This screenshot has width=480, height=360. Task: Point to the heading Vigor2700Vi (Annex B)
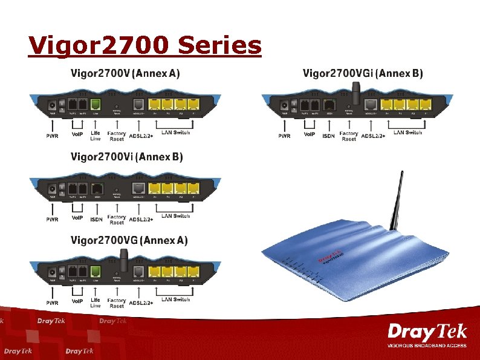click(127, 157)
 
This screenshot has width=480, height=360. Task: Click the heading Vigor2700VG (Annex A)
click(129, 241)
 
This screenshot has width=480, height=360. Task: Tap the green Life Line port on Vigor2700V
click(95, 104)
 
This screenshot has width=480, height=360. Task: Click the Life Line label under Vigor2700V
click(96, 136)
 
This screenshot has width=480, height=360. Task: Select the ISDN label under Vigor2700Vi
click(96, 219)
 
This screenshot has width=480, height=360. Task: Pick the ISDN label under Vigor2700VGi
click(328, 136)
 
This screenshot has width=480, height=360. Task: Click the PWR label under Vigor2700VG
click(52, 302)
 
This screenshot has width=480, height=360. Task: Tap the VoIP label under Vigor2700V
click(77, 134)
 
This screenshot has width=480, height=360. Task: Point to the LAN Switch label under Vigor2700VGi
click(408, 132)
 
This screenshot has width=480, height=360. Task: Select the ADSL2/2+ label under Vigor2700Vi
click(141, 218)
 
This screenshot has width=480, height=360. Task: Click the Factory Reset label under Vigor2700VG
click(117, 303)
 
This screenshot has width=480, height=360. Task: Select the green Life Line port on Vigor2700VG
click(95, 272)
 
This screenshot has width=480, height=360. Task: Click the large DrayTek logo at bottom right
click(427, 333)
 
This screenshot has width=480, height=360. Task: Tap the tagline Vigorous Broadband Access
click(427, 345)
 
